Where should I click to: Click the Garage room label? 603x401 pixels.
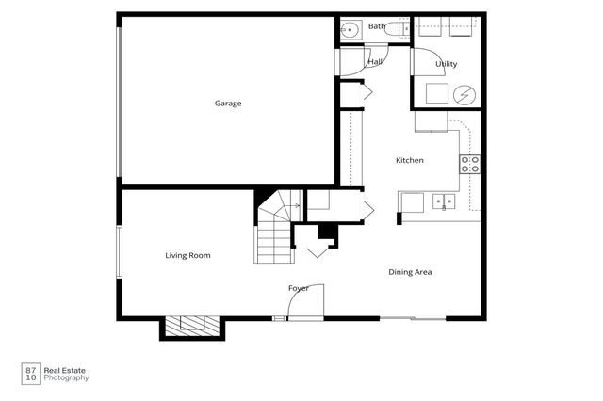click(228, 104)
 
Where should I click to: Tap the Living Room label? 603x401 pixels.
click(187, 255)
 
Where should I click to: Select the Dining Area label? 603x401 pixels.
click(410, 272)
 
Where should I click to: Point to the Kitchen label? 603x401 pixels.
click(410, 160)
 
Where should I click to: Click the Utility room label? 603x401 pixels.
click(446, 64)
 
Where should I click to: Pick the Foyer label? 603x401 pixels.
click(299, 288)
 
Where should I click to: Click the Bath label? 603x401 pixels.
click(377, 26)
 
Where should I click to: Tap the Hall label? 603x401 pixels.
click(375, 61)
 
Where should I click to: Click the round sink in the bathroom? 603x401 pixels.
click(350, 29)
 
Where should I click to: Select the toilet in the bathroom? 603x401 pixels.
click(396, 29)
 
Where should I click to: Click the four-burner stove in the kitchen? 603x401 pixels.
click(470, 164)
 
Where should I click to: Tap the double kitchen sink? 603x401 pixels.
click(444, 201)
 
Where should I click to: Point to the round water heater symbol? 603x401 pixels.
click(464, 94)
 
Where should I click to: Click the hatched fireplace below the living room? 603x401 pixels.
click(192, 326)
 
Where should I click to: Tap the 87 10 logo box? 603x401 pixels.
click(31, 374)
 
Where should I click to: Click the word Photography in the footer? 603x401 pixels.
click(66, 378)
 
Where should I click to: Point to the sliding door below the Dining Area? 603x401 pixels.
click(413, 318)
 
